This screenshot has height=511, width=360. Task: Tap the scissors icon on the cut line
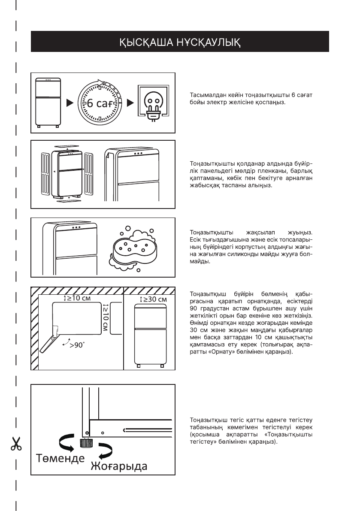16,444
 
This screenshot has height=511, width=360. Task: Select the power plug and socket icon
152,103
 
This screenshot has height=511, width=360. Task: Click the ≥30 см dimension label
153,299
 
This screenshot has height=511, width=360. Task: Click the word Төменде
60,457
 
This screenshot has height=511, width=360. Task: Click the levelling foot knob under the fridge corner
84,442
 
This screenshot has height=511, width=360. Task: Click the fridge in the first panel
48,103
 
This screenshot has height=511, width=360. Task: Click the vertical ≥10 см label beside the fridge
105,318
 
